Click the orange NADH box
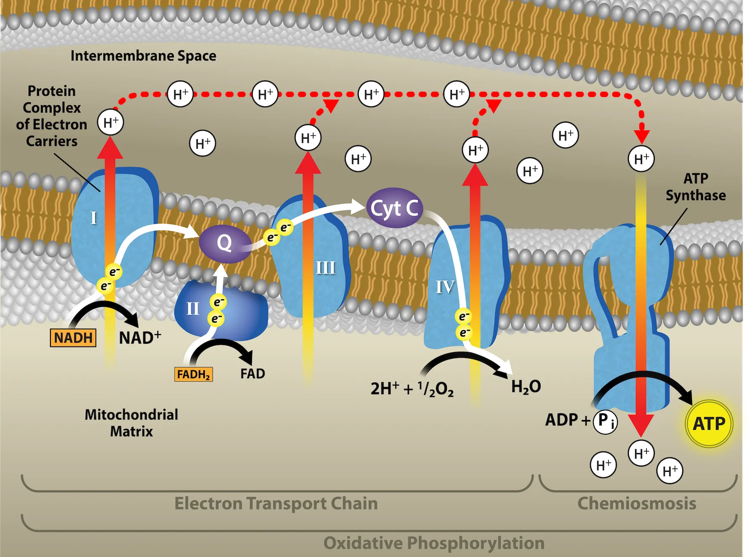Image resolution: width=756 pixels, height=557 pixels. click(73, 338)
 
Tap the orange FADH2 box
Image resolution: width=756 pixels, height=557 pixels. click(193, 374)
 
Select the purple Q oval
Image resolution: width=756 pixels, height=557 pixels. click(224, 243)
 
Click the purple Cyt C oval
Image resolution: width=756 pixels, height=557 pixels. click(394, 208)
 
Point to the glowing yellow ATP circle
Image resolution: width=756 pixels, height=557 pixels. click(709, 423)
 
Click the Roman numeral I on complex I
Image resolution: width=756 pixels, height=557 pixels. click(94, 218)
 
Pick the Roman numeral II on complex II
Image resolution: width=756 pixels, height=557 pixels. click(192, 309)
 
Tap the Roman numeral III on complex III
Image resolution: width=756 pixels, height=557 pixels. click(325, 268)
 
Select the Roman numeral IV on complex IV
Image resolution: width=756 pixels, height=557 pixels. click(445, 287)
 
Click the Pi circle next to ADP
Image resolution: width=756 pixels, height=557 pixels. click(605, 421)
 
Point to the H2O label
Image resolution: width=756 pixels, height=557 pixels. click(526, 387)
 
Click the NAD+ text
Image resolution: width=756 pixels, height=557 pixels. click(139, 338)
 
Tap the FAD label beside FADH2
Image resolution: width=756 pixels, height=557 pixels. click(252, 374)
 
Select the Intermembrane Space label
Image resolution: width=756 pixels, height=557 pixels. click(143, 56)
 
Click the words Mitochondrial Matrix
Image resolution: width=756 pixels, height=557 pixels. click(131, 423)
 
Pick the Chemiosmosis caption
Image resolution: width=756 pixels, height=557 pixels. click(637, 503)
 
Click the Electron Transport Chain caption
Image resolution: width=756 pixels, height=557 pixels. click(276, 503)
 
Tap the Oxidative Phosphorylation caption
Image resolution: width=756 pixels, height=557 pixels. click(433, 543)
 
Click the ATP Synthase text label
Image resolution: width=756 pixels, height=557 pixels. click(696, 187)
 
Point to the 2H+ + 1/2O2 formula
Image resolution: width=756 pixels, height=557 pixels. click(412, 388)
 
